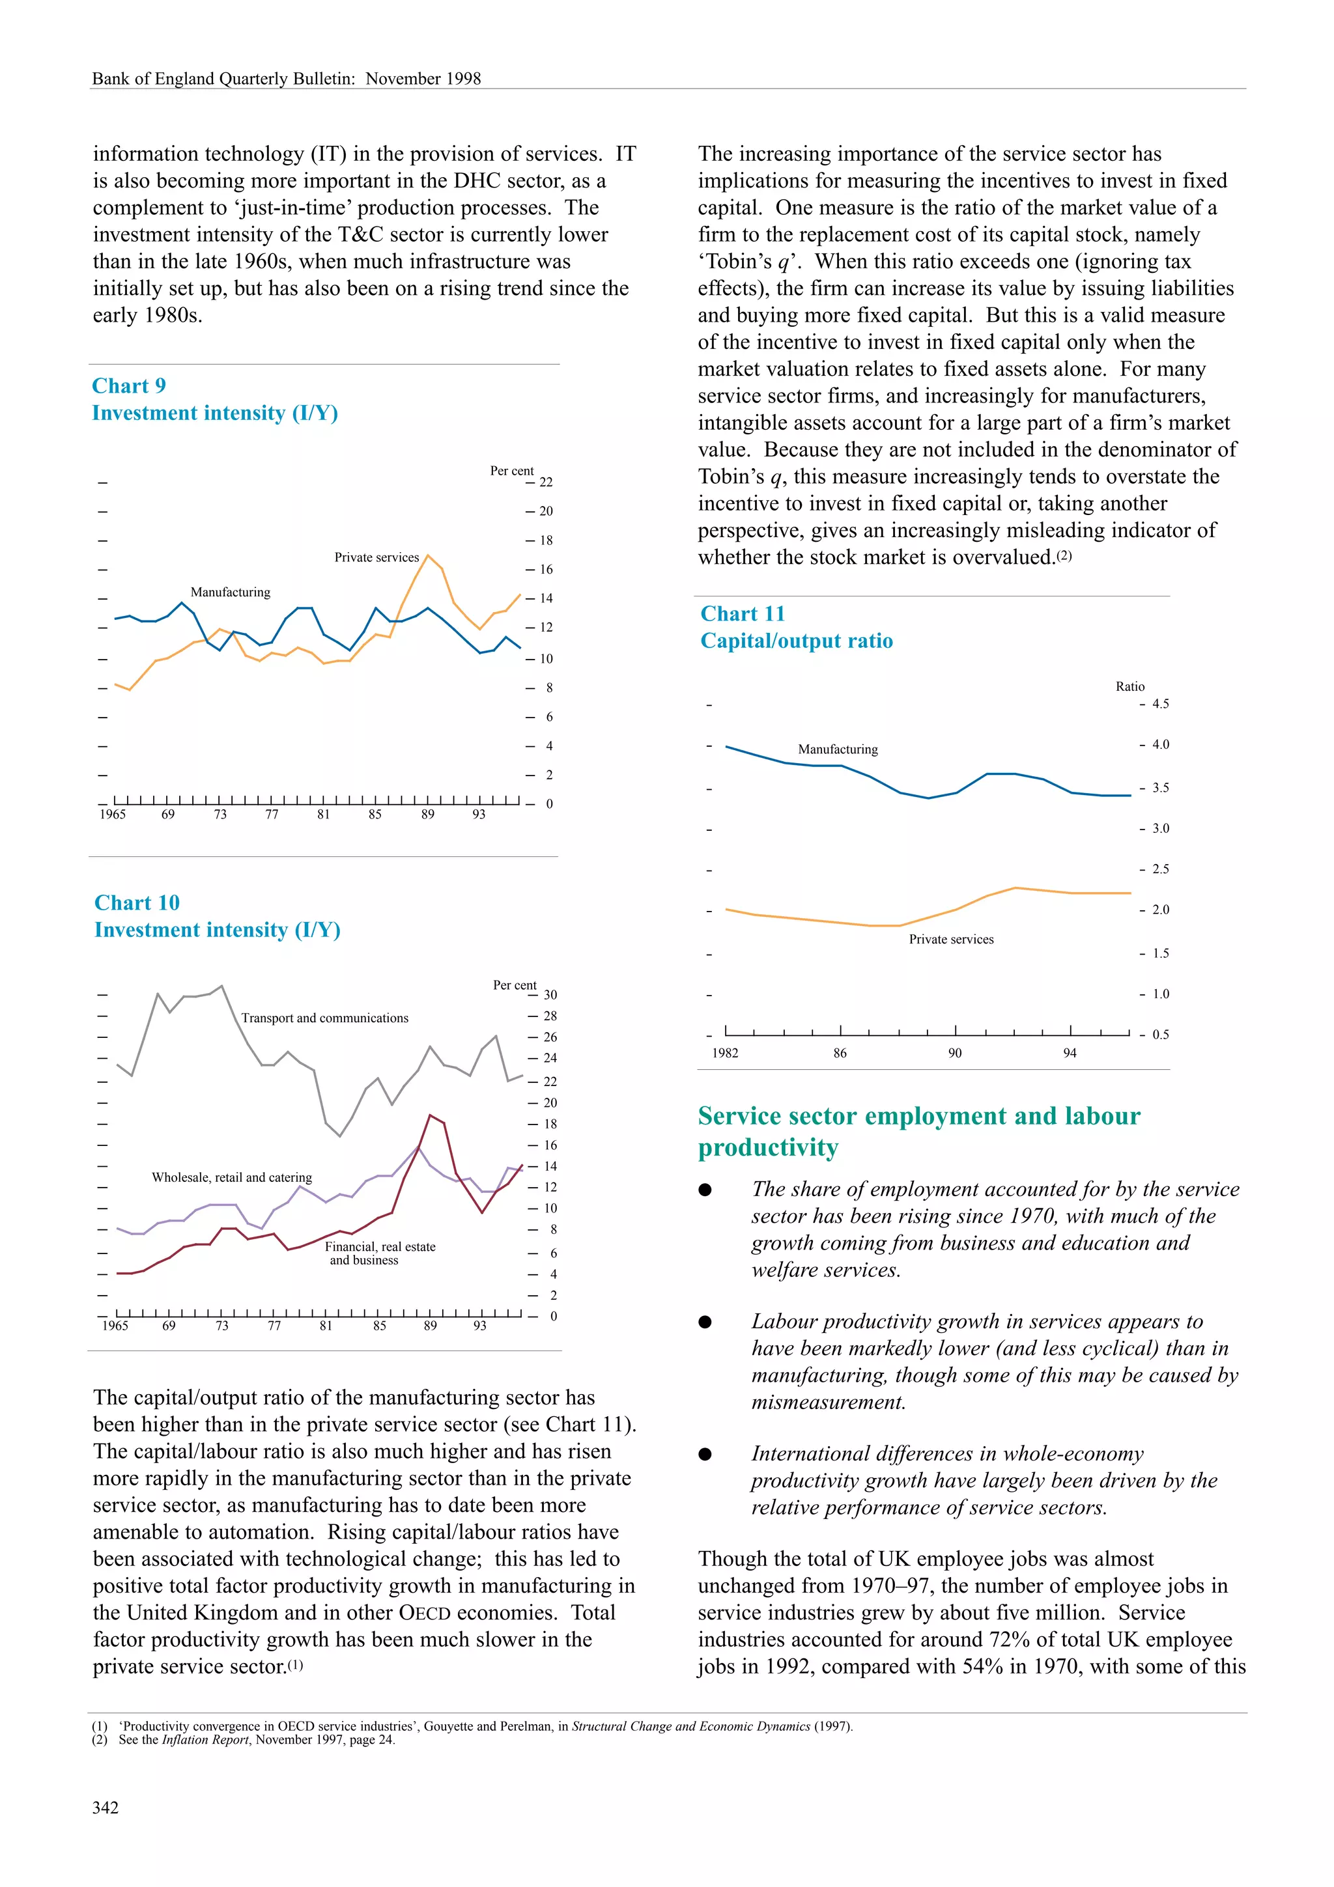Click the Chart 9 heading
(x=129, y=385)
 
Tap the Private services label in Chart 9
(x=376, y=557)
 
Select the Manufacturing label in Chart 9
(x=230, y=592)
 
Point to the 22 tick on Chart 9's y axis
(x=546, y=482)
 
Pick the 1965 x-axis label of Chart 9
(x=113, y=815)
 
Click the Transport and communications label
(x=324, y=1018)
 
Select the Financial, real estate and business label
(x=379, y=1253)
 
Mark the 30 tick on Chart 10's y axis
(x=550, y=994)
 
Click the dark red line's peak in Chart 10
(x=431, y=1115)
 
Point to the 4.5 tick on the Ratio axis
(x=1159, y=703)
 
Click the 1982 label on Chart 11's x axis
(x=725, y=1053)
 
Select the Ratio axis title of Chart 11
(x=1129, y=686)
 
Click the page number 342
(x=106, y=1808)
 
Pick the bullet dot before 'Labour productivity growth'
(x=705, y=1322)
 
